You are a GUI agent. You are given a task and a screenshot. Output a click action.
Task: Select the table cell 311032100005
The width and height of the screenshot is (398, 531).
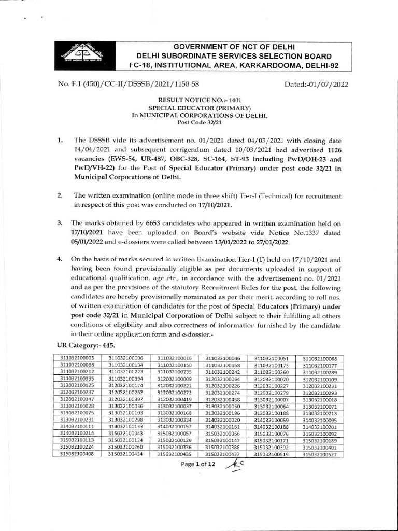77,358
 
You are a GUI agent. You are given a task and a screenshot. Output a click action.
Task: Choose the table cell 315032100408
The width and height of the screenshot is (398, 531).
77,455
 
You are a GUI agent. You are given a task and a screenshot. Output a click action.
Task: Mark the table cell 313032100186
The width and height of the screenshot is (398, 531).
223,413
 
